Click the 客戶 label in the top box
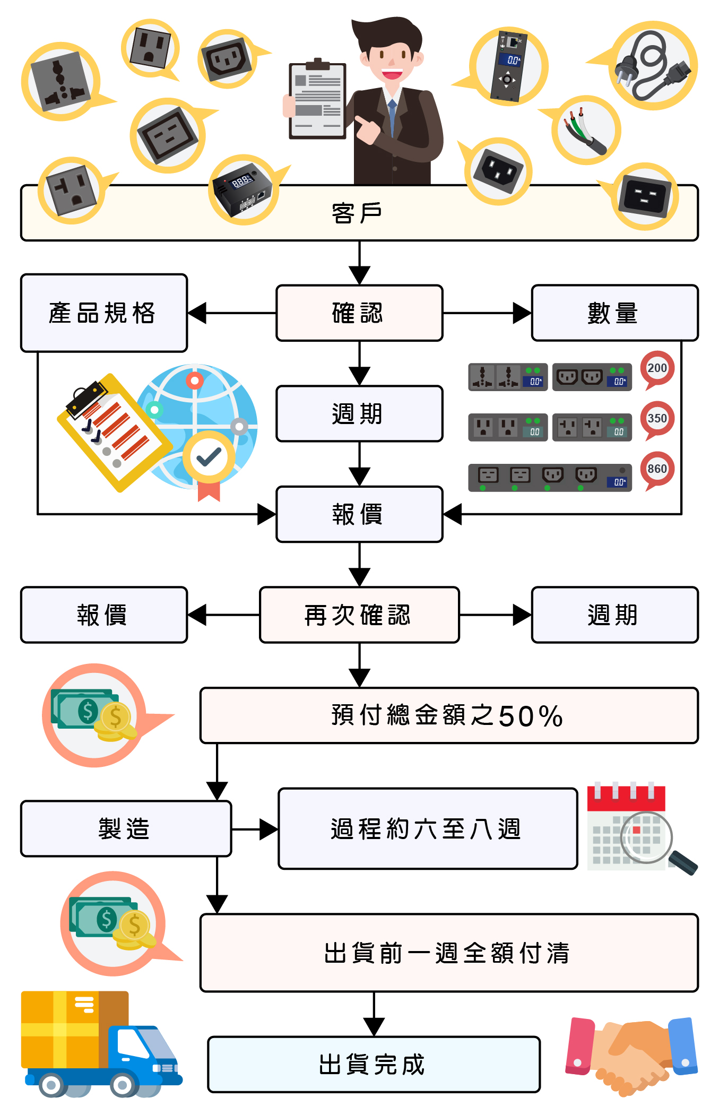tap(357, 213)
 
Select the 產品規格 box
tap(103, 313)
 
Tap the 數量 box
tap(614, 313)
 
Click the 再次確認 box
tap(359, 615)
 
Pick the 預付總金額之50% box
tap(448, 715)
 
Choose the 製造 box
tap(126, 828)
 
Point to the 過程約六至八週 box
tap(427, 828)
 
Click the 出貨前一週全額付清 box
tap(448, 953)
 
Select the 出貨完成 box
tap(374, 1064)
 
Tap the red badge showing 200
tap(657, 368)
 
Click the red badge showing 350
tap(657, 418)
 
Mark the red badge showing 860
tap(657, 469)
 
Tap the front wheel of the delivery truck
tap(123, 1085)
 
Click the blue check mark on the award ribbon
tap(209, 457)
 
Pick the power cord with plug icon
tap(653, 66)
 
